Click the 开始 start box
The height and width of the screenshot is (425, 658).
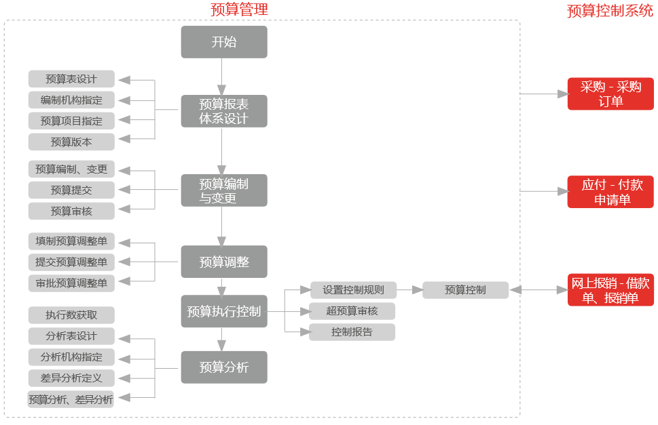click(224, 42)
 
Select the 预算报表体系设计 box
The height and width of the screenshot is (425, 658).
click(224, 111)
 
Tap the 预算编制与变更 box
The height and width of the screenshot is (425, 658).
click(224, 190)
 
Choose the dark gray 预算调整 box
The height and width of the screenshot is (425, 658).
click(224, 262)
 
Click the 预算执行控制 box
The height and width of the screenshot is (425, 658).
click(224, 312)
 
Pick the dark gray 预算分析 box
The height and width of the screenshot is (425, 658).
click(224, 367)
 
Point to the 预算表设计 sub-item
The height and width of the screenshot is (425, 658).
click(71, 79)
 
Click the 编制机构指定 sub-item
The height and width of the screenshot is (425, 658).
click(71, 100)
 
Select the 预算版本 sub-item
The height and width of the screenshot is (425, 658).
click(71, 142)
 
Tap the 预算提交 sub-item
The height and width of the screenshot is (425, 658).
click(71, 190)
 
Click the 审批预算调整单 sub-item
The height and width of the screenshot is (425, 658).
click(71, 283)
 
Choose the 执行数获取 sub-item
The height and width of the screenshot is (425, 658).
click(71, 315)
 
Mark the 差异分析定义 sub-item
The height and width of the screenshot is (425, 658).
click(71, 378)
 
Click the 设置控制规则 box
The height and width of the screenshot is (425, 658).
click(353, 290)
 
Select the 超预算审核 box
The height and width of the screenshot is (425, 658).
click(352, 311)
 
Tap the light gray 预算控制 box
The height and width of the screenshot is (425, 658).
click(465, 290)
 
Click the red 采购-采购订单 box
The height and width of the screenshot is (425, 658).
click(610, 94)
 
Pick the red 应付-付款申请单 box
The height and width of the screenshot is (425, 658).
click(610, 192)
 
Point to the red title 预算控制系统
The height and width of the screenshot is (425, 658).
click(610, 11)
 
